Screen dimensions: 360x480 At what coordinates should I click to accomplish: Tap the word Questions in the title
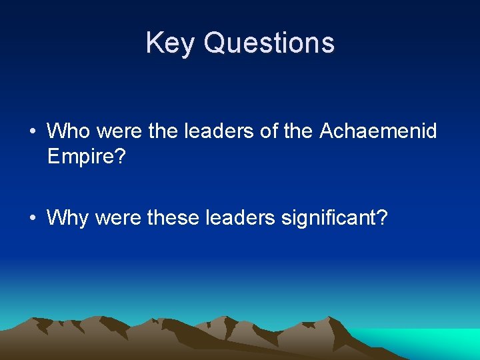point(269,43)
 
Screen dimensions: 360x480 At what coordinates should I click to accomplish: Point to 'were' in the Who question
point(120,131)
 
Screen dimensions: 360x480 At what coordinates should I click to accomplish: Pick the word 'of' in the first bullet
point(269,131)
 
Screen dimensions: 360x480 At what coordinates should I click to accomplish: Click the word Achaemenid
point(378,131)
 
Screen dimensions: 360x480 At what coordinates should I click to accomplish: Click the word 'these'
point(175,217)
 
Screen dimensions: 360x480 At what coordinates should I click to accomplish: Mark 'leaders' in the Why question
point(244,217)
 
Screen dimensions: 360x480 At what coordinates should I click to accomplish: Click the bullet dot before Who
point(33,131)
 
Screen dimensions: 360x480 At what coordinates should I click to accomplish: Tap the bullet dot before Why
point(33,218)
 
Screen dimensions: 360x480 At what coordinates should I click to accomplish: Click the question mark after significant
point(381,217)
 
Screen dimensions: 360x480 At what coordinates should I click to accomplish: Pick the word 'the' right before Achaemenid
point(298,131)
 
